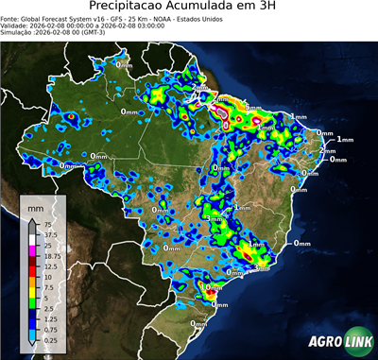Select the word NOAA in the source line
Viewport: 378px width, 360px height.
(168, 19)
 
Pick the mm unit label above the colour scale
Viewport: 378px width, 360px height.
(35, 204)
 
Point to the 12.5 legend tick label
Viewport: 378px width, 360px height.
(46, 266)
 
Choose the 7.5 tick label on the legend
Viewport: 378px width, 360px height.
(44, 287)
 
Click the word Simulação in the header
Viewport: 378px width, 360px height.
(18, 34)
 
